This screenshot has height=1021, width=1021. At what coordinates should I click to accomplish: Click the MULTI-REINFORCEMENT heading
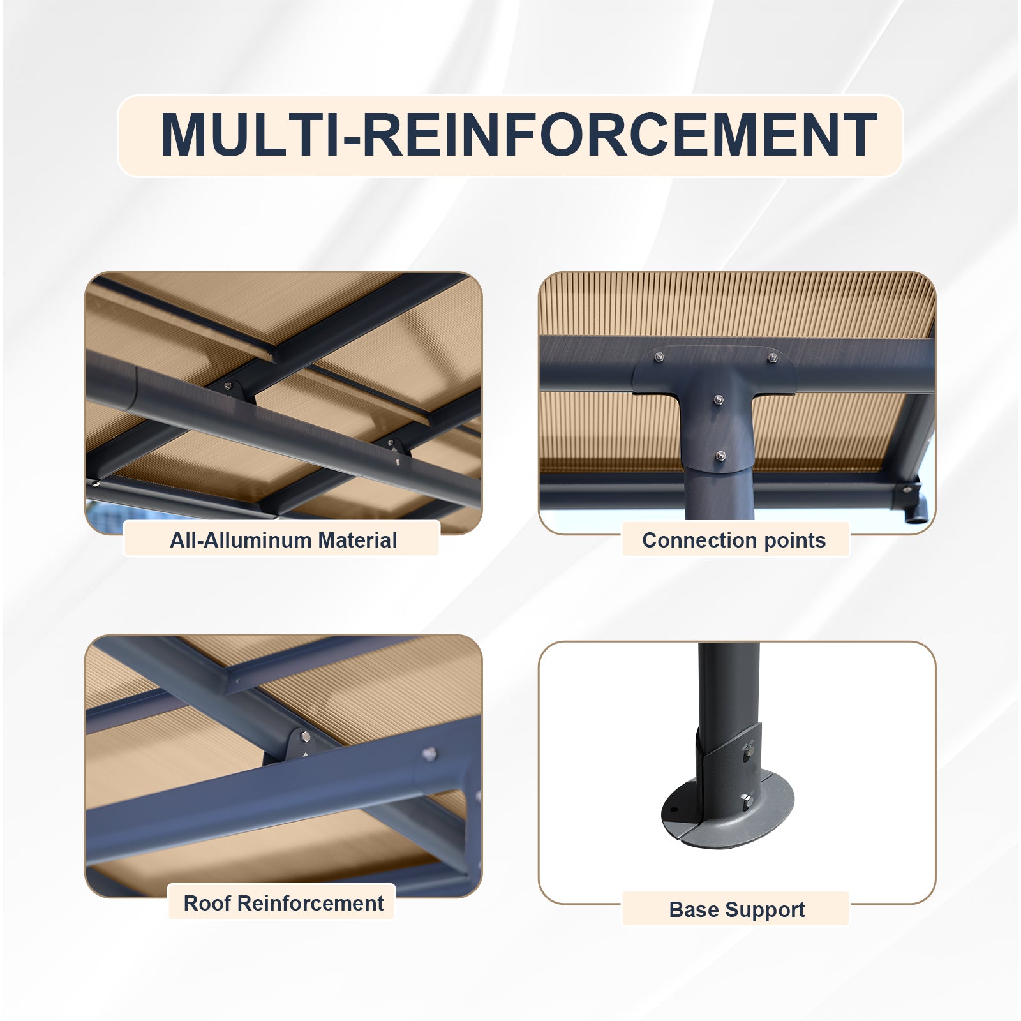[x=519, y=135]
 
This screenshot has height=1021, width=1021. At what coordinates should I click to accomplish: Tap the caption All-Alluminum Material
[x=283, y=540]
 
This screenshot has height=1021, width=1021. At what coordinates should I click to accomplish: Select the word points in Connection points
[x=795, y=541]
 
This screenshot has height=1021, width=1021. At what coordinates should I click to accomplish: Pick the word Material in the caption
[x=357, y=540]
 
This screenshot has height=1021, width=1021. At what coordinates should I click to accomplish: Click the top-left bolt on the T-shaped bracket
[x=659, y=356]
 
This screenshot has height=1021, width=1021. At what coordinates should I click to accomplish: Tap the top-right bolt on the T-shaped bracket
[x=772, y=357]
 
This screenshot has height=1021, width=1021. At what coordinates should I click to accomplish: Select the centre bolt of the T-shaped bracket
[x=719, y=399]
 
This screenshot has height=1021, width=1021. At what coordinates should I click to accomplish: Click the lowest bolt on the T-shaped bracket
[x=721, y=456]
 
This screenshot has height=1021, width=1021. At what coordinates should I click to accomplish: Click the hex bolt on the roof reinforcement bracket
[x=305, y=737]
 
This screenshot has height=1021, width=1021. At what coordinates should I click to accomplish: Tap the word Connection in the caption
[x=700, y=540]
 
